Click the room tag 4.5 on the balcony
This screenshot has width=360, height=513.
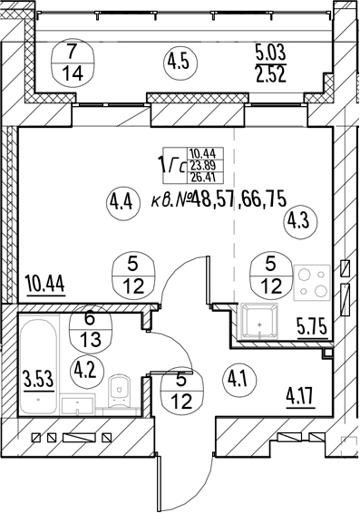(x=180, y=63)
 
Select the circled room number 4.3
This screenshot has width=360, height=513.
(x=300, y=223)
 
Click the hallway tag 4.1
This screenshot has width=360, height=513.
(x=239, y=380)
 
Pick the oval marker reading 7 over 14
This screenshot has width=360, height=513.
(x=73, y=63)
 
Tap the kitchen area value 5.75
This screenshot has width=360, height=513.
(x=313, y=326)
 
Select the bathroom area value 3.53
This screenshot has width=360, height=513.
(x=38, y=379)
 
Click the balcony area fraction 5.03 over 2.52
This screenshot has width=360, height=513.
(x=270, y=63)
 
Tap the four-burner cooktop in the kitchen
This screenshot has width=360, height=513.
(x=312, y=283)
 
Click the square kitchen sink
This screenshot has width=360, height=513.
(x=259, y=321)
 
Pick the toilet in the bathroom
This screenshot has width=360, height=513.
(x=119, y=392)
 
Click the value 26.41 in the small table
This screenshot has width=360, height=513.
(x=205, y=178)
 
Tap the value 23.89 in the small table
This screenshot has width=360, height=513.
(x=205, y=165)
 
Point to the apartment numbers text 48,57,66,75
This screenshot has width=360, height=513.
(x=239, y=199)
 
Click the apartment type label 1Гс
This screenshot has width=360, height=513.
(x=171, y=165)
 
